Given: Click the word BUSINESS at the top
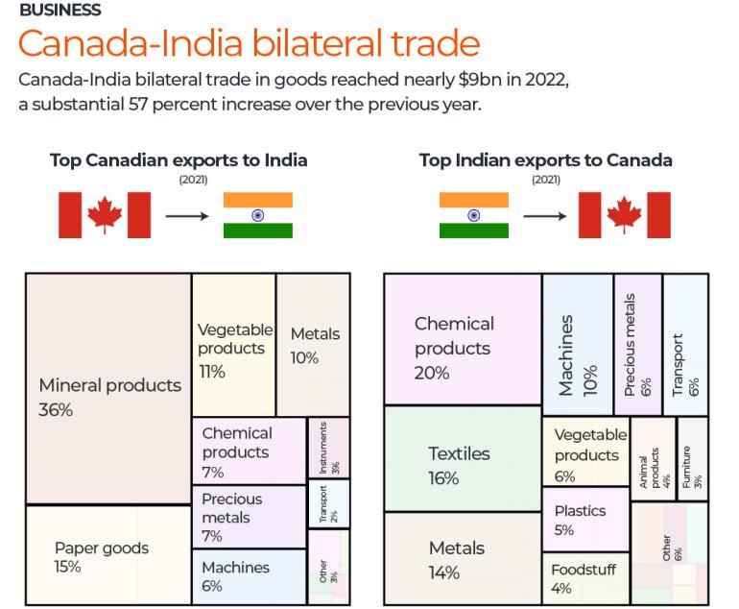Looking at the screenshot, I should coord(60,11).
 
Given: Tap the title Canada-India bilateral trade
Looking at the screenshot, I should coord(248,43).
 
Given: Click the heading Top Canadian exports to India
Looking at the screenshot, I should coord(179,160).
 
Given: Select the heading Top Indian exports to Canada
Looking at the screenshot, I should coord(545,160).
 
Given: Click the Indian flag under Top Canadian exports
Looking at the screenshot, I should coord(257,215).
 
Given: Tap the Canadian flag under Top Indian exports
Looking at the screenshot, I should coord(624,215).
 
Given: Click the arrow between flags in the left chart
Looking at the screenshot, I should coord(186,215).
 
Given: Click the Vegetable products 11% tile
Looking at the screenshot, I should coord(233,346).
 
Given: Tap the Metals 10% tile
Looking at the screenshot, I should coord(313,346).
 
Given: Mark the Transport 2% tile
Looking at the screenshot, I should coord(328,503).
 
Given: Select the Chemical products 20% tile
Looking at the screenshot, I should coord(462,339).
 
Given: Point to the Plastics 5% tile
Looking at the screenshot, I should coord(584,518).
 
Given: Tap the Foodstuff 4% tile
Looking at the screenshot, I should coord(584,578).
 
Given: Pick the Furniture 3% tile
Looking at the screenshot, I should coord(692,459).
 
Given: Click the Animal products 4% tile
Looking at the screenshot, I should coord(653,459).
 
